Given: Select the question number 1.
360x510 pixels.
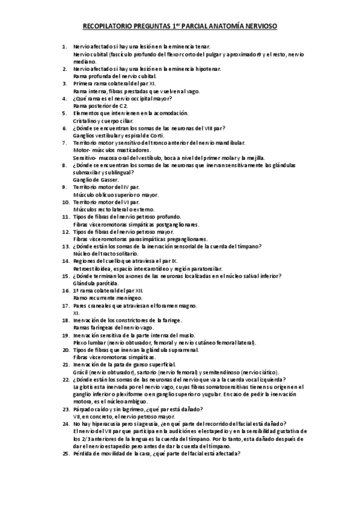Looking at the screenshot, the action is (64, 46).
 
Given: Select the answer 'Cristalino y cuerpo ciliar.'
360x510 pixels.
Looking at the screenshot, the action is (102, 120).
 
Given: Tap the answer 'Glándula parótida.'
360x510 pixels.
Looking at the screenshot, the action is (93, 283).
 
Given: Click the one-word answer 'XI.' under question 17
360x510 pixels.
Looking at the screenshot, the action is (76, 313).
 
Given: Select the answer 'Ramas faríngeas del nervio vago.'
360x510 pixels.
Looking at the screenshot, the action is (111, 327).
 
